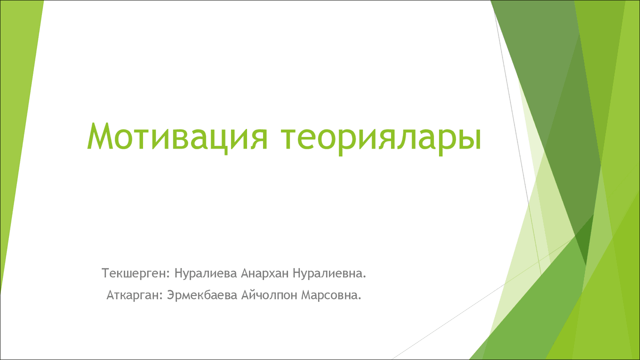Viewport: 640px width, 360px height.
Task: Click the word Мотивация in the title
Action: pyautogui.click(x=177, y=137)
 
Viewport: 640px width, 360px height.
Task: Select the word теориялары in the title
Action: pyautogui.click(x=381, y=139)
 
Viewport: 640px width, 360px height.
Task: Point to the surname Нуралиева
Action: pyautogui.click(x=205, y=273)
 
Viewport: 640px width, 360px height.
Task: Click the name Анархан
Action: pyautogui.click(x=265, y=273)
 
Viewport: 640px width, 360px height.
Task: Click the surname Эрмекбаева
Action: pyautogui.click(x=202, y=295)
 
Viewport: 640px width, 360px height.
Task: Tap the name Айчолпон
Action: pyautogui.click(x=269, y=295)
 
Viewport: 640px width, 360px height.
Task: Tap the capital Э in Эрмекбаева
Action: pyautogui.click(x=171, y=295)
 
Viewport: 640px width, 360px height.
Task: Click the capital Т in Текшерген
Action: pyautogui.click(x=105, y=273)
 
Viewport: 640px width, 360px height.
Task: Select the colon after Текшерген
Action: pyautogui.click(x=168, y=275)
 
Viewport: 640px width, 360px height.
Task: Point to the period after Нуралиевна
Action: pyautogui.click(x=364, y=277)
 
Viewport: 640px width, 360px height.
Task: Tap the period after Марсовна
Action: pyautogui.click(x=359, y=299)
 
